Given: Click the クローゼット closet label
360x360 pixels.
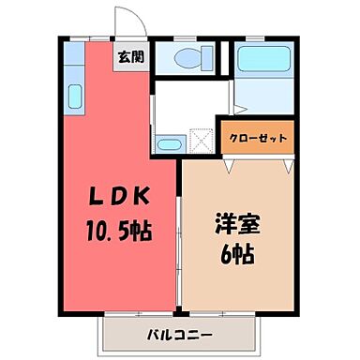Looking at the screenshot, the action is [x=257, y=138].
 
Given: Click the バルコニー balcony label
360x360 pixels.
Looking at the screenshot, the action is [x=179, y=335].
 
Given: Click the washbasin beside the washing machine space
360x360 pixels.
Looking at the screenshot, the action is [x=170, y=143].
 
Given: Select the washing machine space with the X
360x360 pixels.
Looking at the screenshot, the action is [x=202, y=141].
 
